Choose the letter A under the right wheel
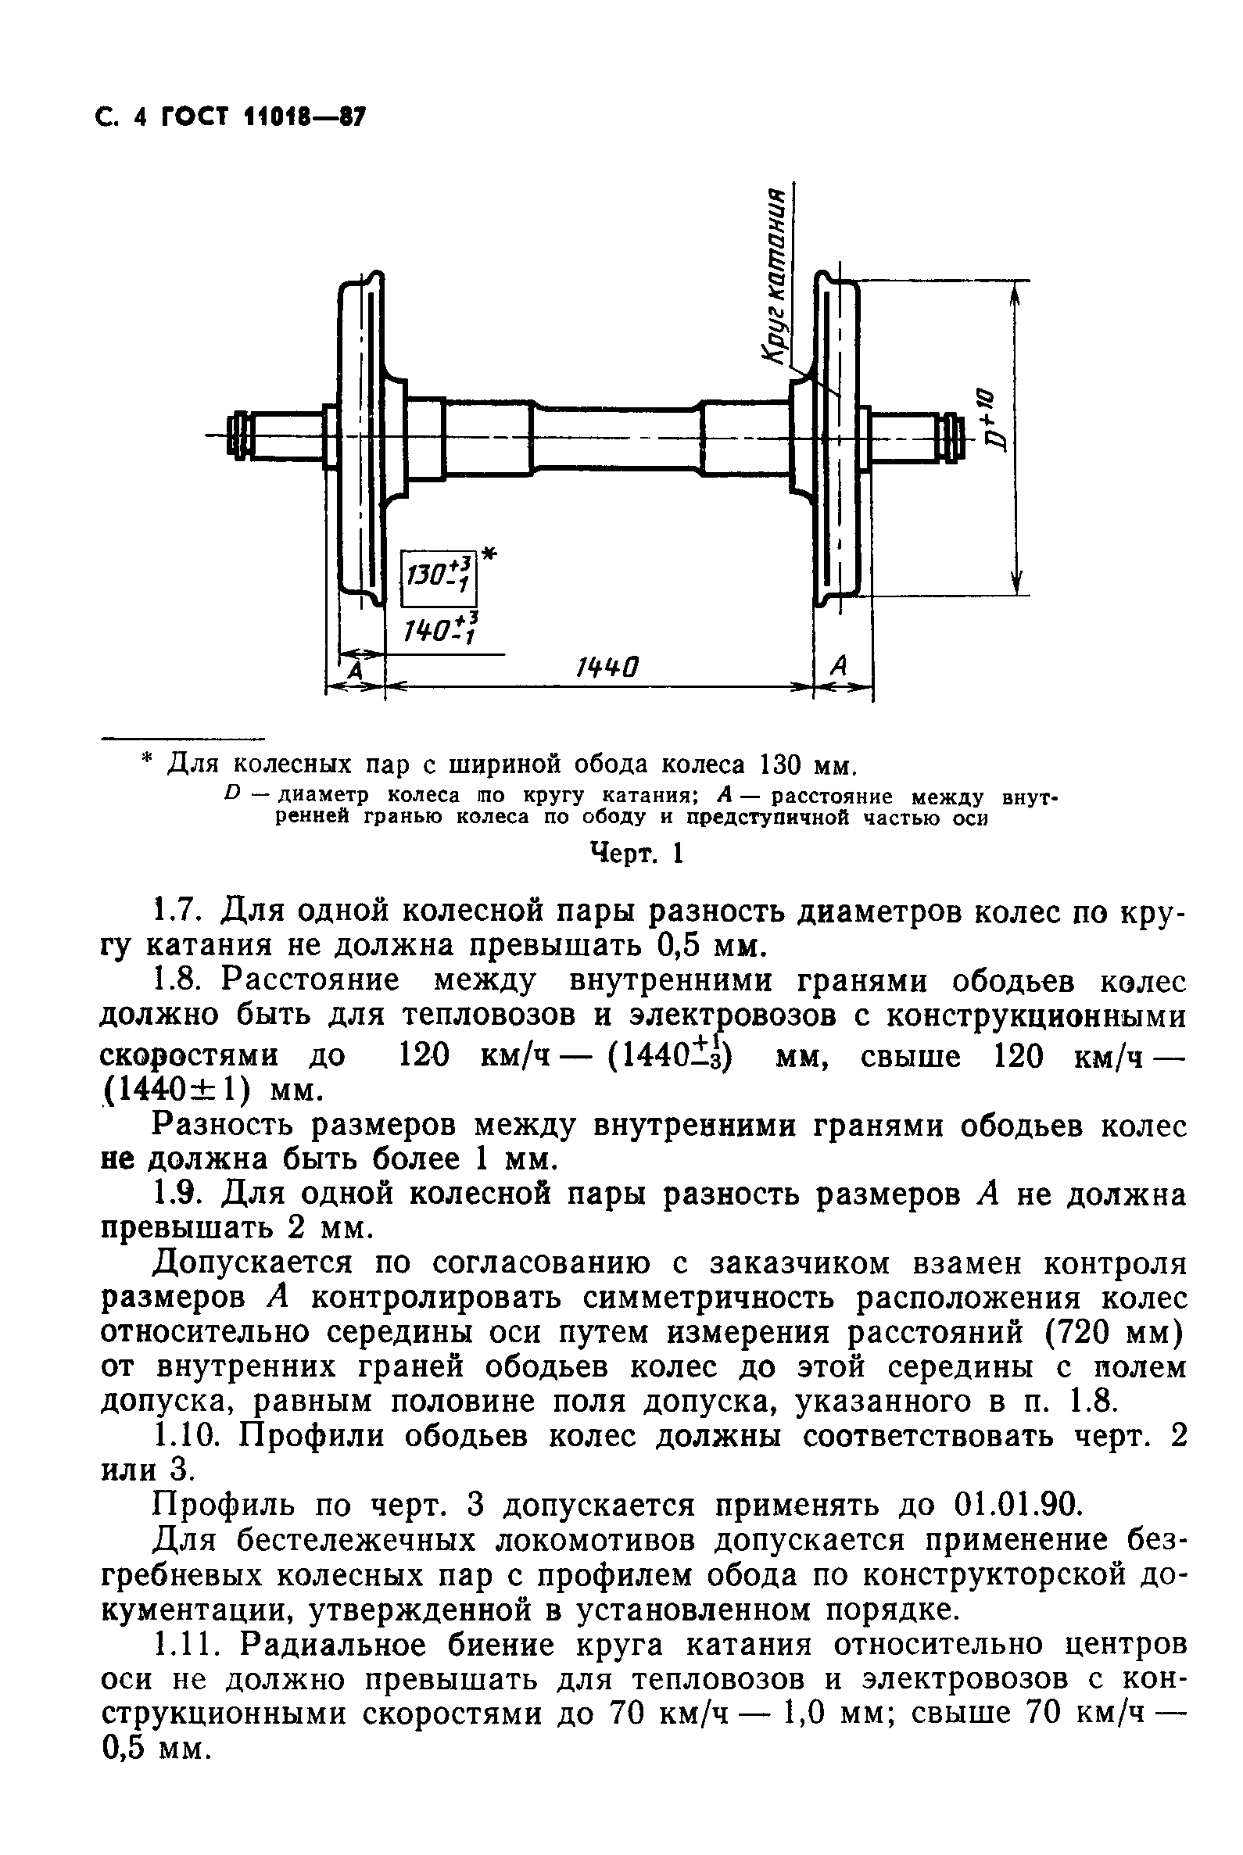point(839,666)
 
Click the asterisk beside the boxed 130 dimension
point(489,556)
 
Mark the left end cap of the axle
point(237,435)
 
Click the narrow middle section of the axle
point(616,441)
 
